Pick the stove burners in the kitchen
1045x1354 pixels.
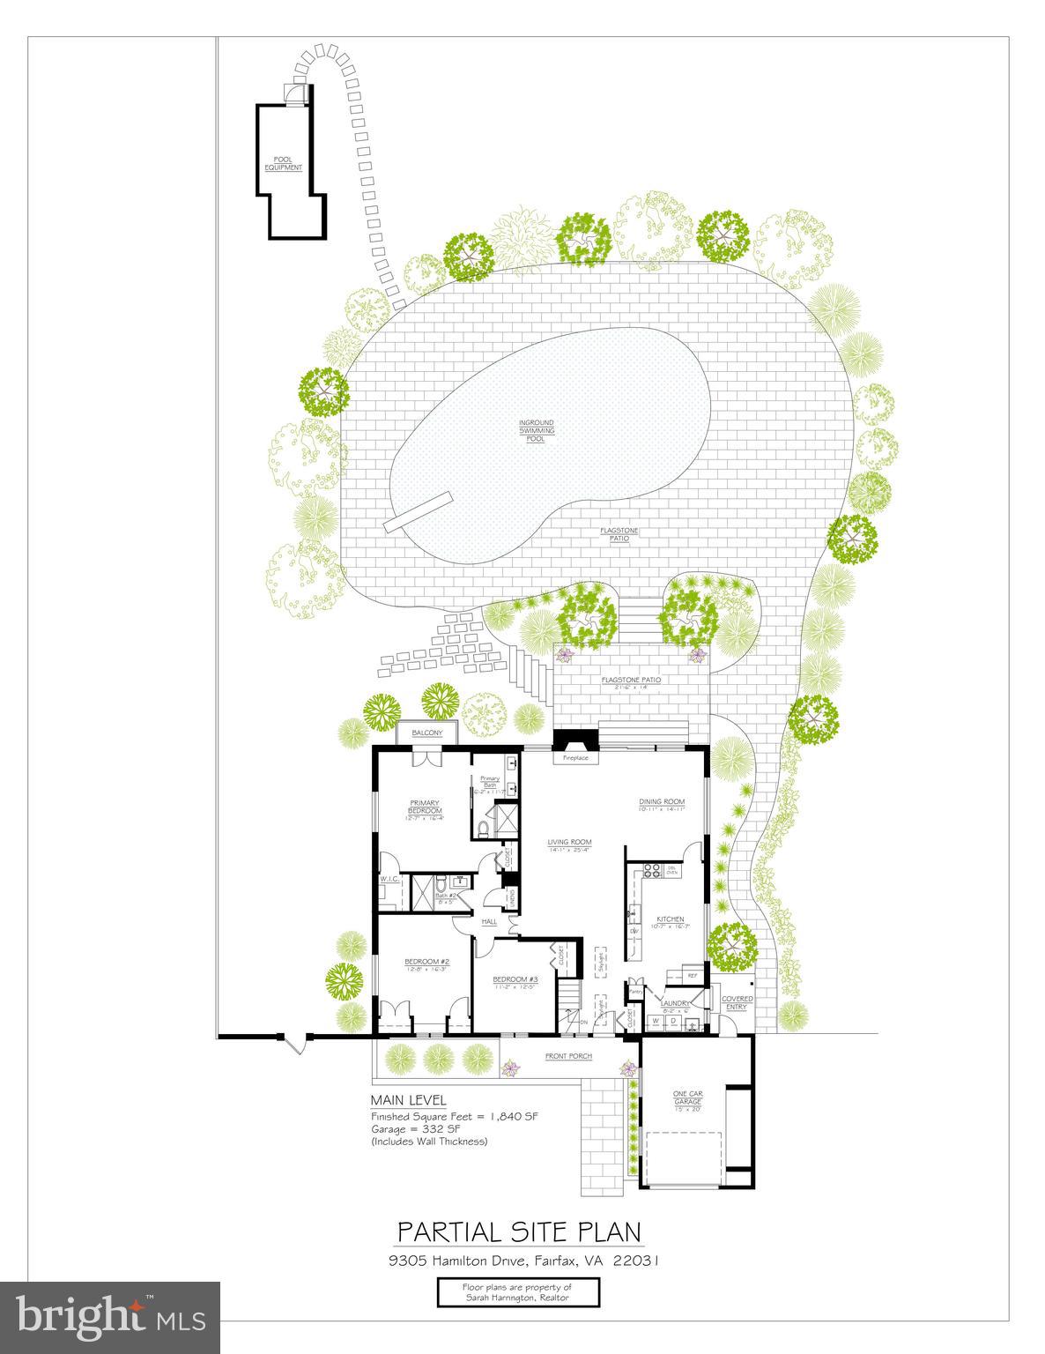pos(654,872)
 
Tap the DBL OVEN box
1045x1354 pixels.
pos(671,871)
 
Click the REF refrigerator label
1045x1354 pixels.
pos(692,976)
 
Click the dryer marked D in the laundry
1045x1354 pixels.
pos(673,1021)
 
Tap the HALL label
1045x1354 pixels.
pos(488,922)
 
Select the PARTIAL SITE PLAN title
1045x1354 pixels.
pos(518,1231)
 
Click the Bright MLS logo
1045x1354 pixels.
pos(110,1316)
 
